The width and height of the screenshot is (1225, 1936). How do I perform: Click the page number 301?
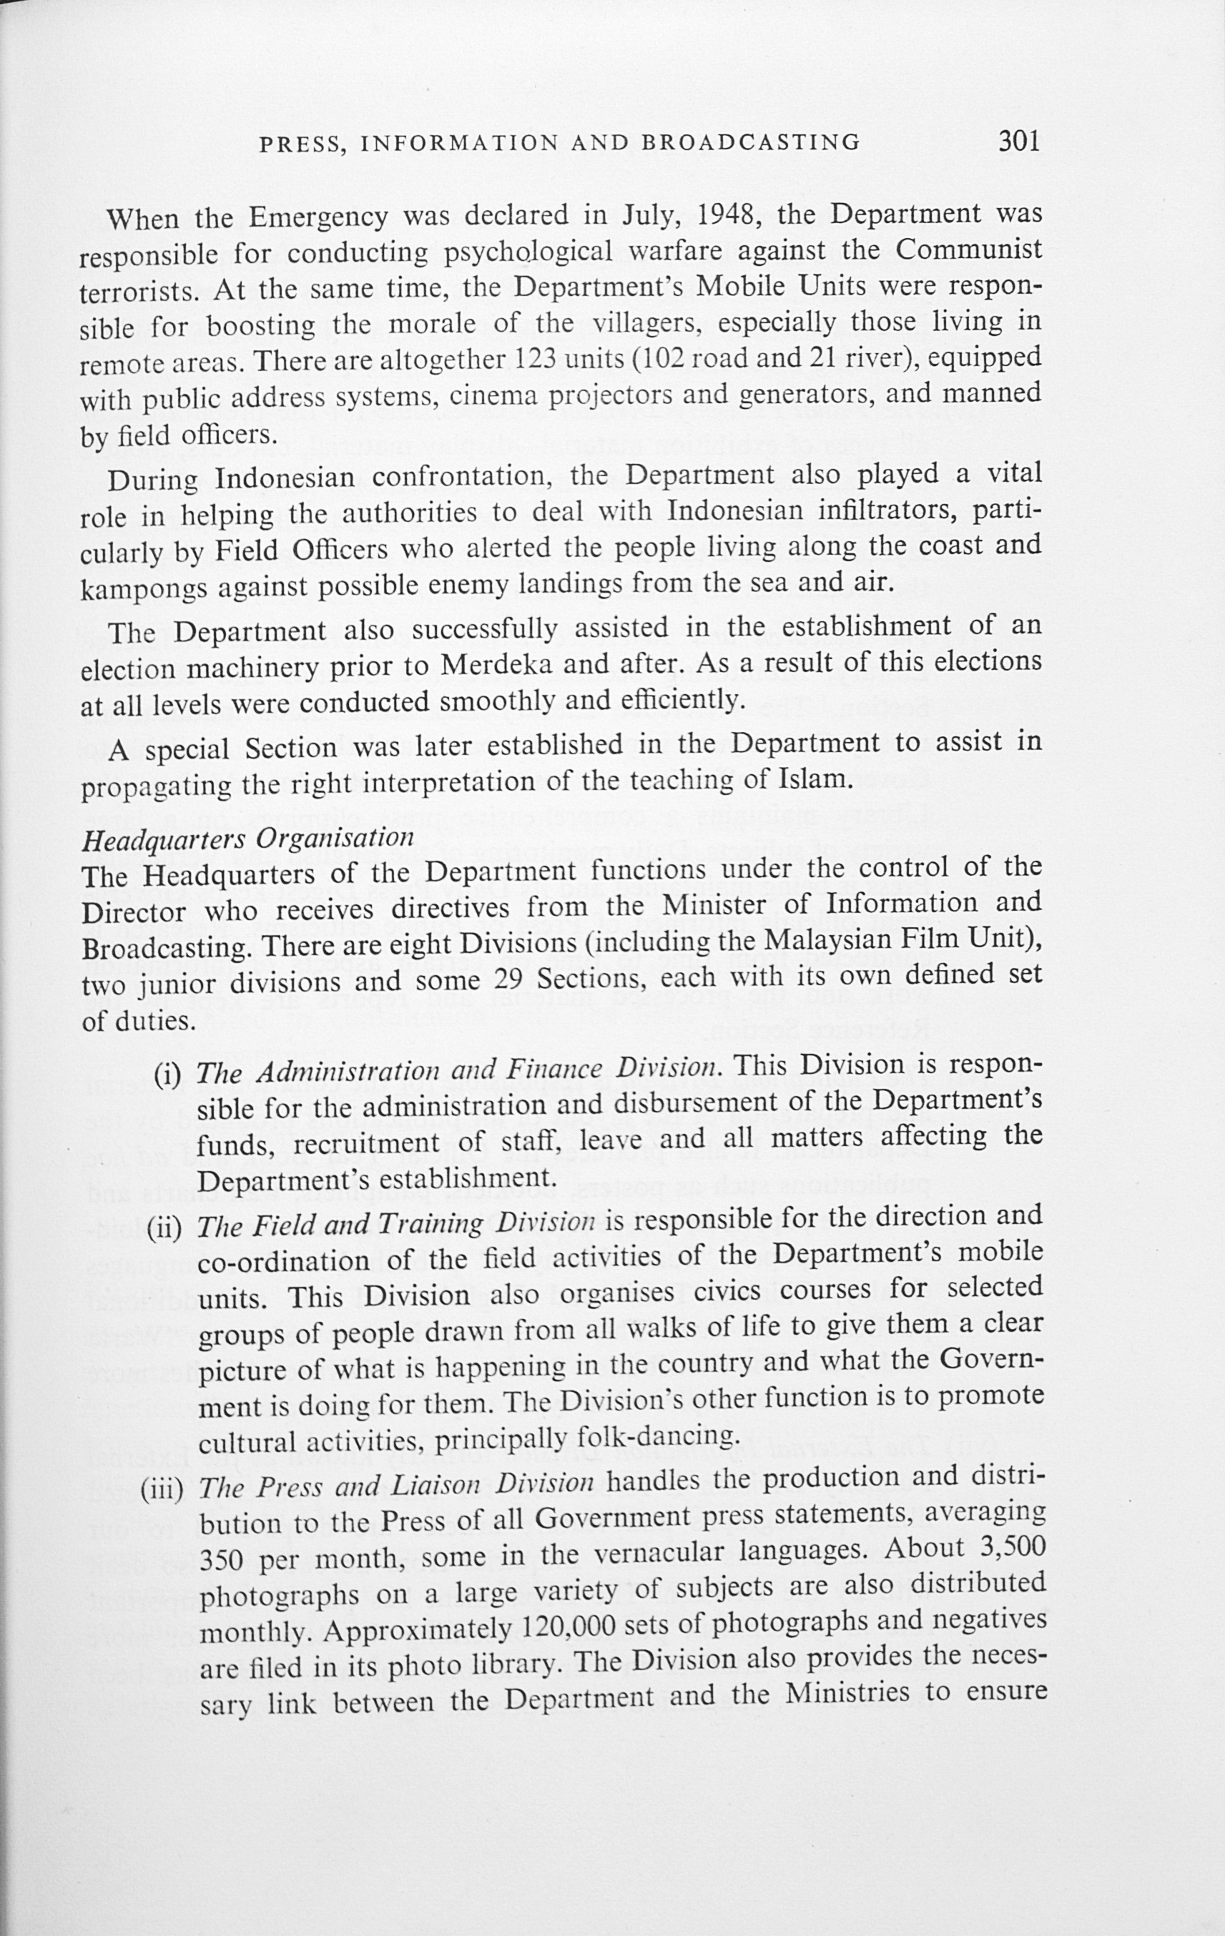(1019, 142)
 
